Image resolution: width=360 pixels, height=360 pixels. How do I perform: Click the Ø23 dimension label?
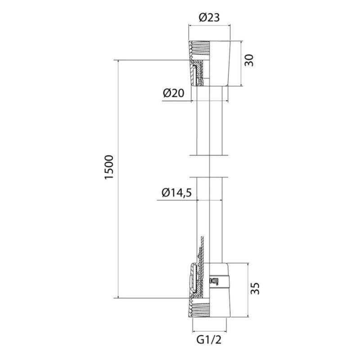pyautogui.click(x=209, y=18)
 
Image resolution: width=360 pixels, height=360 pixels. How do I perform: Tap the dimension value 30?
pyautogui.click(x=249, y=60)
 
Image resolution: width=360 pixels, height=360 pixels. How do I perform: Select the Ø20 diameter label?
pyautogui.click(x=174, y=93)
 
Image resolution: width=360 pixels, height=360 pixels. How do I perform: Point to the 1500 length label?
pyautogui.click(x=109, y=167)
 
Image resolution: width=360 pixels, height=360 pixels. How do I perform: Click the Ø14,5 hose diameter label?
pyautogui.click(x=176, y=193)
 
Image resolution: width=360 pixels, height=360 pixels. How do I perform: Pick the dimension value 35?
pyautogui.click(x=255, y=288)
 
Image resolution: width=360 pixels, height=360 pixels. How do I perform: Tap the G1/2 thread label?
pyautogui.click(x=209, y=340)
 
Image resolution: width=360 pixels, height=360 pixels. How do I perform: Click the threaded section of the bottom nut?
pyautogui.click(x=199, y=308)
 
